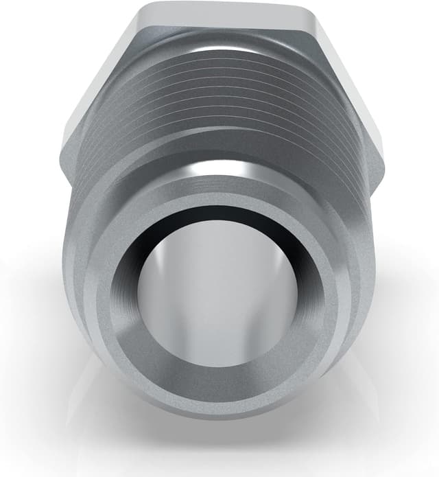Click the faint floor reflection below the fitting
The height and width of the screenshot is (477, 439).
click(x=219, y=446)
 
